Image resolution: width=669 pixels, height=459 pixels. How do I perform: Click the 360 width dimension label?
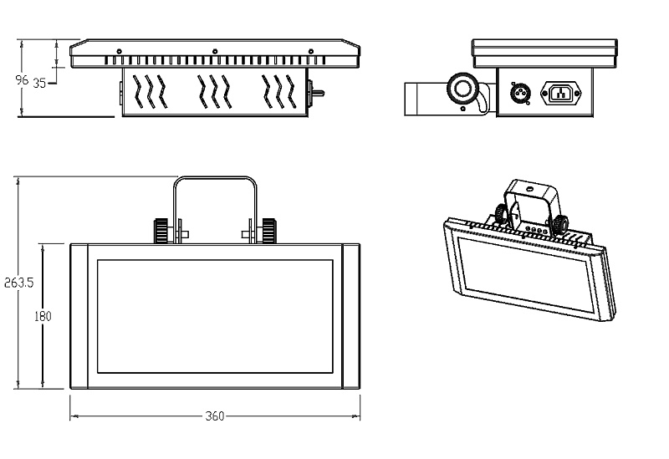(x=214, y=416)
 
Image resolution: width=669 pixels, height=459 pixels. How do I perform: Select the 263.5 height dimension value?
(x=18, y=283)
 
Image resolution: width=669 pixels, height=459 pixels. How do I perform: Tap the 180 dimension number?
(x=43, y=316)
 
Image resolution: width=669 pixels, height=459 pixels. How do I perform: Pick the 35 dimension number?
(x=39, y=82)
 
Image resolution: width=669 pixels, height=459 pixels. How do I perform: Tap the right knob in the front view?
(x=268, y=230)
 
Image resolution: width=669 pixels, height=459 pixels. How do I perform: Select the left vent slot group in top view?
(x=149, y=90)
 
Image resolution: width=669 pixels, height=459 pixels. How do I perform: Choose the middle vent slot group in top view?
(x=214, y=90)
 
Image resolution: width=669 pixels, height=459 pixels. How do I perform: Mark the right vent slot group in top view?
(x=278, y=90)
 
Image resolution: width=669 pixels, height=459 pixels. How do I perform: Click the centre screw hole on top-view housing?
(x=215, y=51)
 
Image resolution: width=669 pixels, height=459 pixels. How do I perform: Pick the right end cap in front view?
(x=348, y=316)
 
